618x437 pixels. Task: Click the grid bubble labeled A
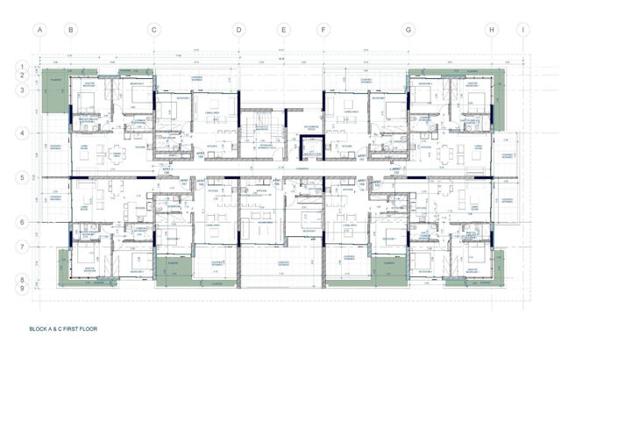pos(39,29)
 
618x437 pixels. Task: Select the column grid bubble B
pos(71,29)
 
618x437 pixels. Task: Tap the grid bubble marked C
pos(153,29)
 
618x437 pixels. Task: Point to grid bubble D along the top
pos(238,29)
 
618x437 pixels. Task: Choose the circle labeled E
pos(283,29)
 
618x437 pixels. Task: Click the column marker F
pos(323,29)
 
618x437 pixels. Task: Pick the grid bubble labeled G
pos(408,29)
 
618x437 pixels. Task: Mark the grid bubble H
pos(492,29)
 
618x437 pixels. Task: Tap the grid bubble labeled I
pos(522,29)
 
